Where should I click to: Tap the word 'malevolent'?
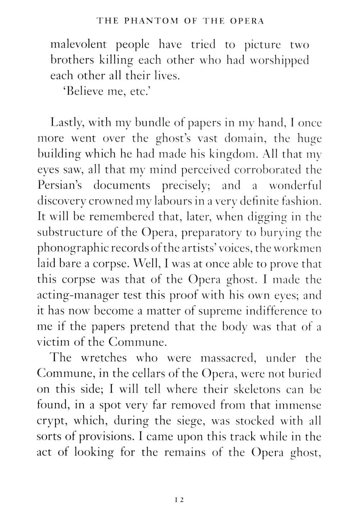[78, 45]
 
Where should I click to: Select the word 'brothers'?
[72, 60]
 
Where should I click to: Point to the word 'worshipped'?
[279, 60]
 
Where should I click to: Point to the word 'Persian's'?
[60, 185]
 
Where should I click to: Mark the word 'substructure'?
[73, 232]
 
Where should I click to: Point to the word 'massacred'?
[228, 358]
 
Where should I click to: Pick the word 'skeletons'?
[257, 389]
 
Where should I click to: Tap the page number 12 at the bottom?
[180, 500]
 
